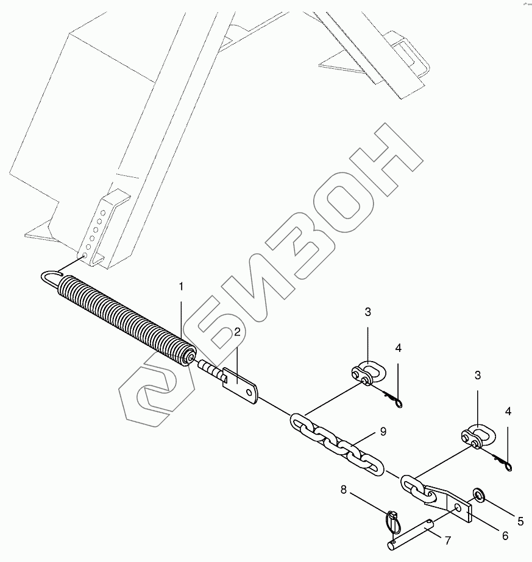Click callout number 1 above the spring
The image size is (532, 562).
point(180,286)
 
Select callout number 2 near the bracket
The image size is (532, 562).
point(236,332)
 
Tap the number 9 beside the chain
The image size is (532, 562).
point(383,432)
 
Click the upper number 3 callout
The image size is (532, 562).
point(367,312)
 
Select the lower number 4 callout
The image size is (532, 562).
point(508,412)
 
